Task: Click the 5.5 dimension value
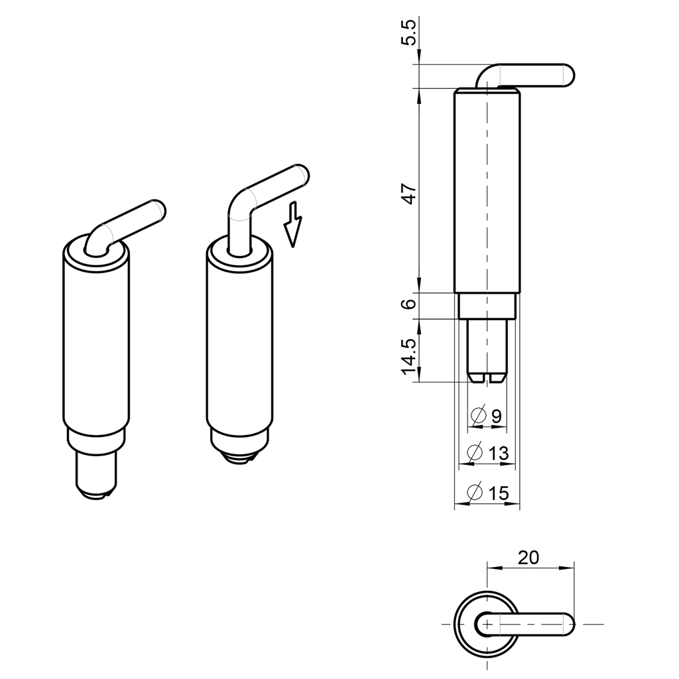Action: (410, 32)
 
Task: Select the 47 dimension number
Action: (410, 193)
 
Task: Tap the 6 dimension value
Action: (410, 304)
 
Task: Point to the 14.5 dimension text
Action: (410, 357)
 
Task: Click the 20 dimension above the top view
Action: (528, 558)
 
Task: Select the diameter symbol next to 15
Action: (475, 493)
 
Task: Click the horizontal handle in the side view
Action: (537, 75)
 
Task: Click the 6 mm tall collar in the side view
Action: (487, 306)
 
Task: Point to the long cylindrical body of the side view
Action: (487, 192)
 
